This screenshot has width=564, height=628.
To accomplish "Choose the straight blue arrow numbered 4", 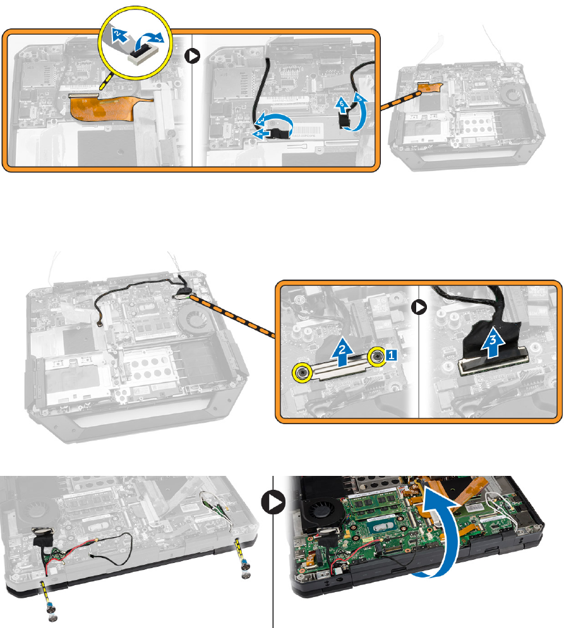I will [x=256, y=134].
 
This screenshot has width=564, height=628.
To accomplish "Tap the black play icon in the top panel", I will [x=193, y=56].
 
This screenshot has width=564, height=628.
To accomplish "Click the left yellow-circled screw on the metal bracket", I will [x=303, y=372].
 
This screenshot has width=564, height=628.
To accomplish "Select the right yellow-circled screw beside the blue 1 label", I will [x=376, y=357].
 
